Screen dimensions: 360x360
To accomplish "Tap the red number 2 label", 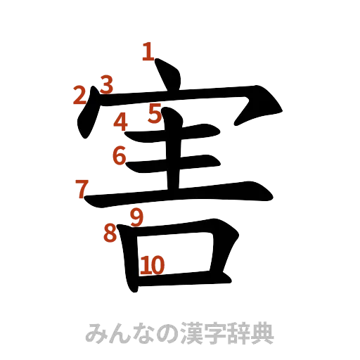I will click(x=81, y=95).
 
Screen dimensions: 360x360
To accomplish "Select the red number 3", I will click(x=105, y=84).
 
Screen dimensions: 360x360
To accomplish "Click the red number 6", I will click(x=120, y=155).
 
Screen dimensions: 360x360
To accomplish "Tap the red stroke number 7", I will click(x=82, y=188).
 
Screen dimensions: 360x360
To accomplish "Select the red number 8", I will click(x=110, y=232).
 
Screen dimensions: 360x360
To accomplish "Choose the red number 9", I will click(x=137, y=217).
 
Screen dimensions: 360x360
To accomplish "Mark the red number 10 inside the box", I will click(x=153, y=265).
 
